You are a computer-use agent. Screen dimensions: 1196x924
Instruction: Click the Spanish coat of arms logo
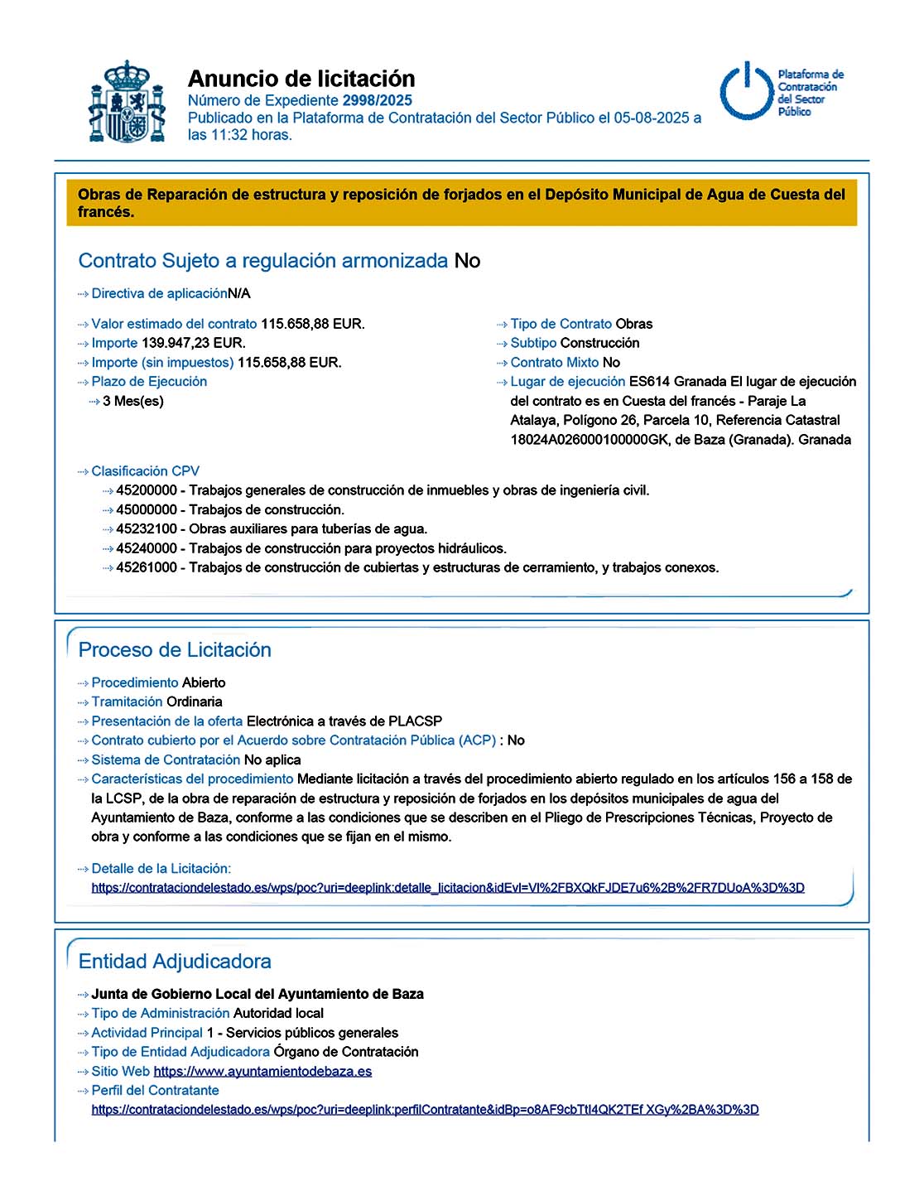point(127,102)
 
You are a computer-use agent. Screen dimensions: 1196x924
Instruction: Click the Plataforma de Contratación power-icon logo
point(747,91)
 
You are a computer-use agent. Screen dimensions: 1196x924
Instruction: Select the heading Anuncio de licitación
point(301,79)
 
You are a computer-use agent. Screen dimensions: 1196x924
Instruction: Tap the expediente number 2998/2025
point(378,100)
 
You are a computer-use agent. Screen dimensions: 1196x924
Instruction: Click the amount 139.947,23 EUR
point(194,343)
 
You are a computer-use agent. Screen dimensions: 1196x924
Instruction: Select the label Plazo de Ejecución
point(149,382)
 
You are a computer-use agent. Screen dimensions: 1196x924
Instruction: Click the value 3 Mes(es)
point(133,402)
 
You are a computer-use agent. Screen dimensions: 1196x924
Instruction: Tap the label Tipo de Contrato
point(561,324)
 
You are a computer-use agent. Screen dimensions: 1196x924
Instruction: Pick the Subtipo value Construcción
point(599,343)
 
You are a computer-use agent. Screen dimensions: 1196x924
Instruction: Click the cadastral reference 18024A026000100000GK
point(589,440)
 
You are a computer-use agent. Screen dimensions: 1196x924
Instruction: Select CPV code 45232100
point(147,529)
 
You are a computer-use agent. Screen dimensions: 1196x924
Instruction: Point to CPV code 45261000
point(147,568)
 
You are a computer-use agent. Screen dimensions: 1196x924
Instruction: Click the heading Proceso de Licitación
point(175,650)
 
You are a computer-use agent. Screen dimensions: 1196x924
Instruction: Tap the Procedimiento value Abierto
point(204,682)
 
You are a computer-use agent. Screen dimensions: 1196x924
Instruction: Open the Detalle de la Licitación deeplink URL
point(448,888)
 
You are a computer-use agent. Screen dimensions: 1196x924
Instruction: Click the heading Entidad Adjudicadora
point(175,962)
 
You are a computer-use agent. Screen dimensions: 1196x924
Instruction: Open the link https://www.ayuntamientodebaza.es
point(262,1072)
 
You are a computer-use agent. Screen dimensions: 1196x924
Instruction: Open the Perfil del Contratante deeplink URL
point(425,1110)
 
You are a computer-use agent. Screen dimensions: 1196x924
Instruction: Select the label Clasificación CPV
point(145,471)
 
